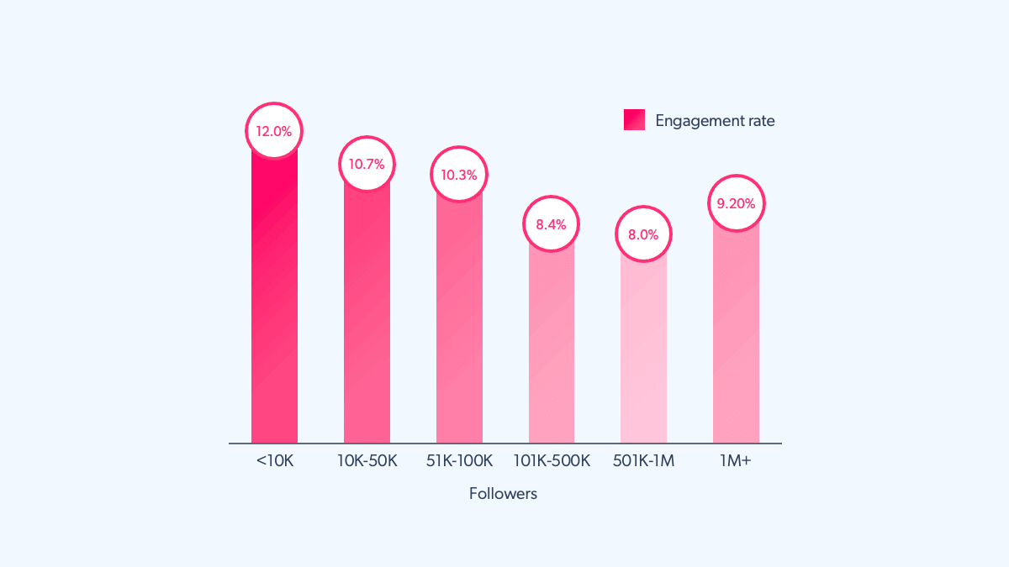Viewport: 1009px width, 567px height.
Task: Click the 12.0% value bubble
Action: coord(274,131)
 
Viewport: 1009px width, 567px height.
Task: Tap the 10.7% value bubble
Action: coord(367,164)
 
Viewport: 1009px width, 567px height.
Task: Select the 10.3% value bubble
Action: coord(459,175)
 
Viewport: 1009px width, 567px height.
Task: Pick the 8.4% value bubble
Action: coord(552,224)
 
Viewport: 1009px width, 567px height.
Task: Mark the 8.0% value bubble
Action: coord(643,234)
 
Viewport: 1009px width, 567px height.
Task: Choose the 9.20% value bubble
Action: coord(736,203)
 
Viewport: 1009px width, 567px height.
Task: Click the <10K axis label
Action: coord(274,461)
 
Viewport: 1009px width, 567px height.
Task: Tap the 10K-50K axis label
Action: coord(367,461)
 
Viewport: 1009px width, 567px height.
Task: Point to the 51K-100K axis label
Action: coord(459,461)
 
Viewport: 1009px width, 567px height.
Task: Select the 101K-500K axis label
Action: coord(552,461)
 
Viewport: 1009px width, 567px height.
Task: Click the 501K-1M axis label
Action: coord(643,461)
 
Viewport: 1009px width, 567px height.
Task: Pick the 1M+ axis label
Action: coord(736,461)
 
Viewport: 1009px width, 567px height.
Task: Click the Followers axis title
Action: coord(503,494)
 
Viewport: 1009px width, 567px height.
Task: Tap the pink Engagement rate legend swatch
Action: coord(634,120)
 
